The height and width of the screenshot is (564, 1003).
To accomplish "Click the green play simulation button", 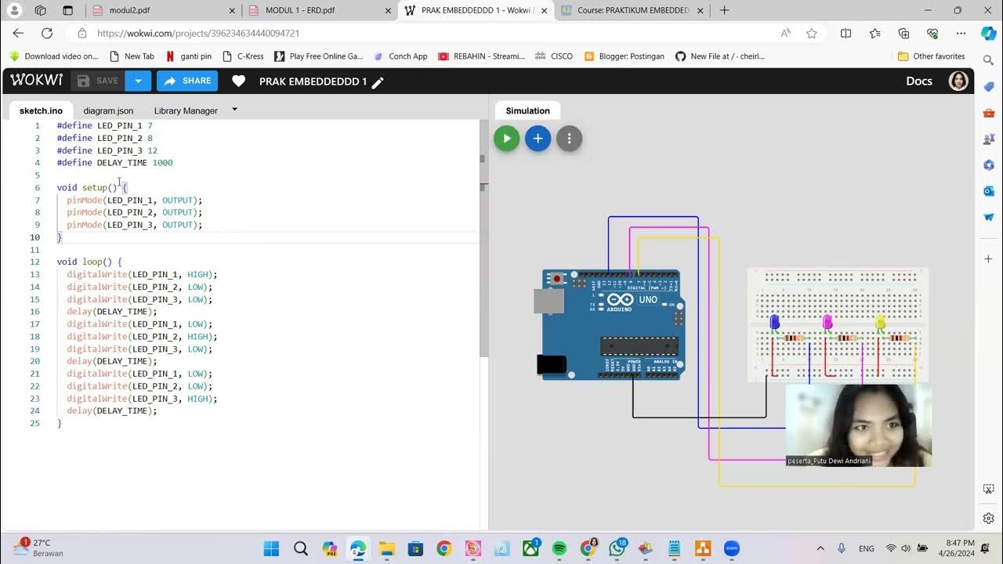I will [x=506, y=139].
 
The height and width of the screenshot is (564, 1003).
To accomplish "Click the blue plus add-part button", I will [x=538, y=139].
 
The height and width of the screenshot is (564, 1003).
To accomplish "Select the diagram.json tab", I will [x=108, y=110].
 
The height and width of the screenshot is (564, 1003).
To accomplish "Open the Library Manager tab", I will [x=186, y=110].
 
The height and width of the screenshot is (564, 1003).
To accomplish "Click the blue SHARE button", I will [x=187, y=81].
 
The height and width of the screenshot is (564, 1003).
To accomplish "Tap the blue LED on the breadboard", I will [x=775, y=322].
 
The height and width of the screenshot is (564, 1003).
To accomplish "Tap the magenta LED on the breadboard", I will [x=827, y=322].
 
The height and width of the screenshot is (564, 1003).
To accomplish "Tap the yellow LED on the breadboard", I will [x=880, y=322].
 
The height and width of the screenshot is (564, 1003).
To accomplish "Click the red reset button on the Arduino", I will [x=557, y=279].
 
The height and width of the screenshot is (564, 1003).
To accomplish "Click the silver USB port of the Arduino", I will [x=548, y=302].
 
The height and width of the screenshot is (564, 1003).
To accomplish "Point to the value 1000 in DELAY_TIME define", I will [x=162, y=163].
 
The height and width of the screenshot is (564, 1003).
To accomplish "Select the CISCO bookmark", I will [x=561, y=56].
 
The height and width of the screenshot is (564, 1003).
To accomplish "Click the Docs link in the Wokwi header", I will [x=918, y=81].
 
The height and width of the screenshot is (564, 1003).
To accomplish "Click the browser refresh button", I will [x=47, y=33].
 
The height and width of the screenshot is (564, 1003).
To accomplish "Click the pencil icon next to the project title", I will [x=378, y=82].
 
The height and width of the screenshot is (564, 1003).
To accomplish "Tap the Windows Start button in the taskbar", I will [x=271, y=548].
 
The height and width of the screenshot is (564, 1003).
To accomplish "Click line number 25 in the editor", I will [x=34, y=423].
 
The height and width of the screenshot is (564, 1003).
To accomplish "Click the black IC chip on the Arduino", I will [x=639, y=345].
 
